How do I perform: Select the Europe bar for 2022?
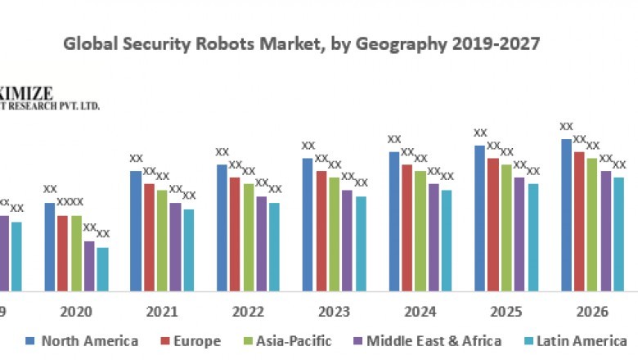coord(236,234)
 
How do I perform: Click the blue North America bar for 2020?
coord(50,246)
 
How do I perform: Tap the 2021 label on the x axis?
coord(162,312)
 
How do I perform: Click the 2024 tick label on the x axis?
coord(420,312)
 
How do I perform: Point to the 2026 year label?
coord(593,312)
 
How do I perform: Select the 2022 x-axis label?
coord(248,312)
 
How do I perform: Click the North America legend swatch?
coord(30,341)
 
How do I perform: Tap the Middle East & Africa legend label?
coord(434,341)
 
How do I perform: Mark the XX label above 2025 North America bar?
coord(481,133)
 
